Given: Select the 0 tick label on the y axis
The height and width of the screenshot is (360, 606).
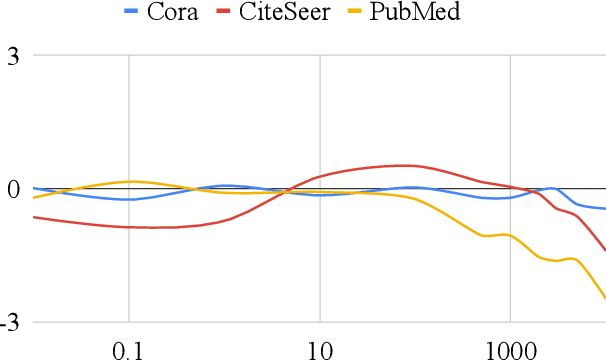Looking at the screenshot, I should tap(14, 190).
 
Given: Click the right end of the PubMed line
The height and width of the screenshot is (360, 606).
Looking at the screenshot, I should tap(605, 298).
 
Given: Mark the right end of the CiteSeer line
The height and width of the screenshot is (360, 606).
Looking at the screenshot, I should tap(605, 251).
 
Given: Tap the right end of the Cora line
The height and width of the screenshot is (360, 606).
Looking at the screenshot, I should tap(605, 209).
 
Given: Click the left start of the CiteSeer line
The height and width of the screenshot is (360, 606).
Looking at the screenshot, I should tap(34, 216).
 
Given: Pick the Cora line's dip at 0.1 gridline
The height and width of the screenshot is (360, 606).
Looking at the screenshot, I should tap(129, 199).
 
